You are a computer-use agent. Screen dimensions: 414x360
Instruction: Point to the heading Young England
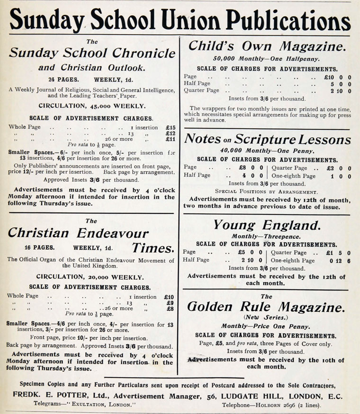coord(267,225)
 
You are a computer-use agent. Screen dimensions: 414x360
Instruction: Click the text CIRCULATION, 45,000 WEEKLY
coord(92,106)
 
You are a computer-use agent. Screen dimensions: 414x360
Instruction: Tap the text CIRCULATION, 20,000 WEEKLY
coord(91,277)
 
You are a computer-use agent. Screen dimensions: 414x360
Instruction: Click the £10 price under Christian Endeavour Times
coord(168,297)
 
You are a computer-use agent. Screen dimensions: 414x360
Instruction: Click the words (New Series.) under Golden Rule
coord(266,317)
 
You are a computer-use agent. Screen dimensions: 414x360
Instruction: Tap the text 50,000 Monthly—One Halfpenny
coord(266,59)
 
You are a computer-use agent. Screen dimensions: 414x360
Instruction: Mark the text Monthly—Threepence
coord(266,236)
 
